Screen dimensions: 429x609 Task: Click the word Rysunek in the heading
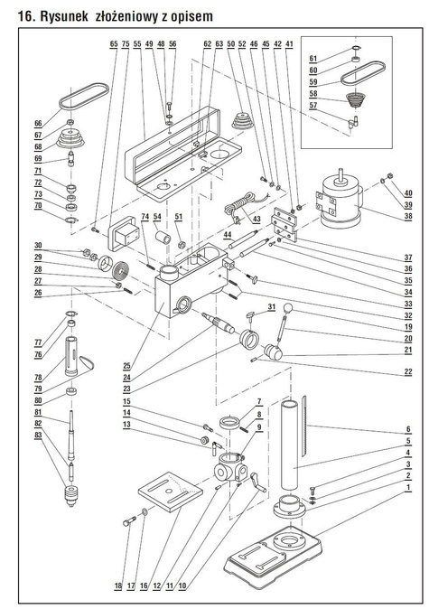point(64,16)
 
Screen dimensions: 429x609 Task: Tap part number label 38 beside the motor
point(407,216)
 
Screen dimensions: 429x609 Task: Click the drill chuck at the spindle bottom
point(70,496)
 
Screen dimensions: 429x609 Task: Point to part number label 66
point(38,124)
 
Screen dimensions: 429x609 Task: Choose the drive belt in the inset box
point(361,74)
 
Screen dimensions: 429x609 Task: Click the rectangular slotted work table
point(171,491)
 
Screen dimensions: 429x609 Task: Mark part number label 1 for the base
point(408,487)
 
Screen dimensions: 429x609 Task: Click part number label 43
point(256,219)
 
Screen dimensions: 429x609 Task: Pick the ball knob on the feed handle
point(288,308)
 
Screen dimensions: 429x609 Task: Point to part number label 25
point(127,365)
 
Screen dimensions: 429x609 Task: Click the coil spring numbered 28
point(122,270)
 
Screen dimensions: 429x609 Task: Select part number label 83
point(38,436)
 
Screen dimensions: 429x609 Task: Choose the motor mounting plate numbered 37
point(285,224)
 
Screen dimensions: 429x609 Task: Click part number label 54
point(157,216)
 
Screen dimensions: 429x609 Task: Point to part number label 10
point(182,586)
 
